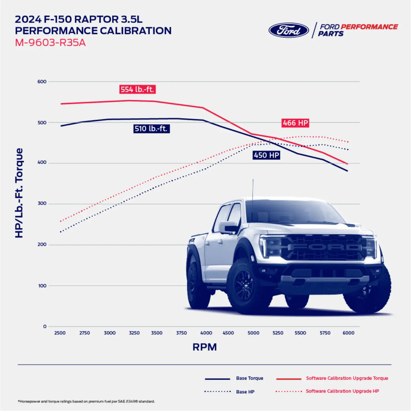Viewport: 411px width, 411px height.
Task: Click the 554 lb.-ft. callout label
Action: tap(137, 89)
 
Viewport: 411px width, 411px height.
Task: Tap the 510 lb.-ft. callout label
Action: tap(151, 129)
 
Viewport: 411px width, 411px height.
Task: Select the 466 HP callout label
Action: tap(295, 123)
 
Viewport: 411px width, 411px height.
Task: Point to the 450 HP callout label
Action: tap(266, 155)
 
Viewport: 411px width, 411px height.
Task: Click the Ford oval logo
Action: tap(289, 30)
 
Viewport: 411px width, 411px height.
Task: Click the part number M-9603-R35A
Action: tap(50, 43)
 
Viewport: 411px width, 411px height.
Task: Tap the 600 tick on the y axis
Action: tap(42, 82)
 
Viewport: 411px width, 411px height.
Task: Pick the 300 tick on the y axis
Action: tap(42, 203)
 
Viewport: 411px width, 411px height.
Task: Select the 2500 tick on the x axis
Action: tap(60, 333)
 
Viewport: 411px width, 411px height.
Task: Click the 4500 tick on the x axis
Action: tap(228, 333)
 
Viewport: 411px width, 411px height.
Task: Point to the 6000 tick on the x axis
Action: tap(348, 333)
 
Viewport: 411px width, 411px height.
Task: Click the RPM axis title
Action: tap(204, 347)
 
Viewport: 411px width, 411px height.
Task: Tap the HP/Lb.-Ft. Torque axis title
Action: tap(19, 193)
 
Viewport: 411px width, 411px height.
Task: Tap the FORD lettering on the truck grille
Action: tap(324, 247)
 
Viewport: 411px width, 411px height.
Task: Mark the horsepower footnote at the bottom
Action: tap(86, 401)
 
